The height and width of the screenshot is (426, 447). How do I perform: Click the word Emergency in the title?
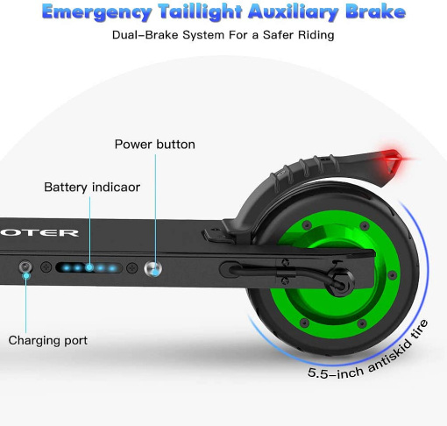coord(97,12)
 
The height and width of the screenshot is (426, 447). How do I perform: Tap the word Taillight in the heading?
coord(201,12)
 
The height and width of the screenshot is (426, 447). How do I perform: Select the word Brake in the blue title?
coord(376,11)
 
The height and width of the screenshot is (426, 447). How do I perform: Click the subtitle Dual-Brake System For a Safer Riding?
coord(223,35)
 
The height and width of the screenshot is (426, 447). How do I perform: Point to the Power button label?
coord(155,145)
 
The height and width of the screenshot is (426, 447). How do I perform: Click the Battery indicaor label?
coord(92,187)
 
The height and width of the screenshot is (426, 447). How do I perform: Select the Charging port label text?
coord(48,340)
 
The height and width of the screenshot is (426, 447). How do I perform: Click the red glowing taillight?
coord(393,160)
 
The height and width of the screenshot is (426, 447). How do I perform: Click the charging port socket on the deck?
coord(25,267)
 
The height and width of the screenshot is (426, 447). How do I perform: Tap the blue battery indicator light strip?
coord(89,267)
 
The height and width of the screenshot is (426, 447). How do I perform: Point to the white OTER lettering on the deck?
coord(39,233)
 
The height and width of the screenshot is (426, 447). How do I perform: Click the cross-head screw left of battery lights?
coord(46,267)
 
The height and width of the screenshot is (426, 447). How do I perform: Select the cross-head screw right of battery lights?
coord(132,267)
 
